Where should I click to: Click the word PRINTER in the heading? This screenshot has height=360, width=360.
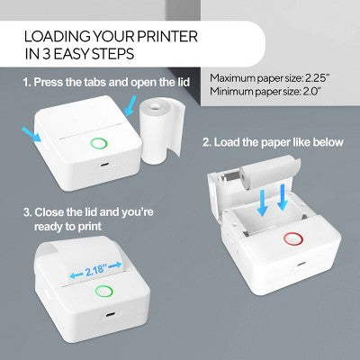tap(167, 37)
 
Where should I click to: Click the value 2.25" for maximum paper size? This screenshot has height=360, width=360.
tap(318, 78)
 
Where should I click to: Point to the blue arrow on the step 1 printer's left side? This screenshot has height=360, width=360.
tap(31, 134)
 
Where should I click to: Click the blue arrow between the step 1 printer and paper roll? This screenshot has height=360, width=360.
tap(130, 105)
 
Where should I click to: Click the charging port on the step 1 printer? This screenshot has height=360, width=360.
tap(104, 165)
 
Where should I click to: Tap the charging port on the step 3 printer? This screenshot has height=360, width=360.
tap(110, 315)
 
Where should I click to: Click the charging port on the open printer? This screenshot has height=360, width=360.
tap(301, 265)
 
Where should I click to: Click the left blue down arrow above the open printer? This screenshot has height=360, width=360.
tap(263, 201)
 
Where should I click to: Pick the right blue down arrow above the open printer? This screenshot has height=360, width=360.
tap(283, 198)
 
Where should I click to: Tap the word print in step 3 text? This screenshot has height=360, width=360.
tap(90, 226)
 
